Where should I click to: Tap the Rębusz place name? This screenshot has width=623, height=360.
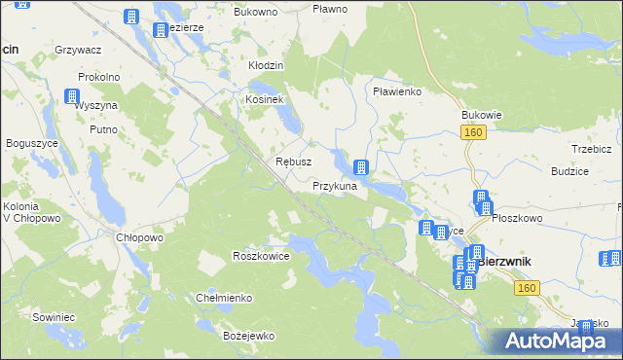[x=293, y=162]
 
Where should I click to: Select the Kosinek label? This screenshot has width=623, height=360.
[x=264, y=100]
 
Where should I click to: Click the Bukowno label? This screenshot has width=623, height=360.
[x=256, y=12]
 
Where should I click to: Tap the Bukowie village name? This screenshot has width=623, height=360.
[x=481, y=114]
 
